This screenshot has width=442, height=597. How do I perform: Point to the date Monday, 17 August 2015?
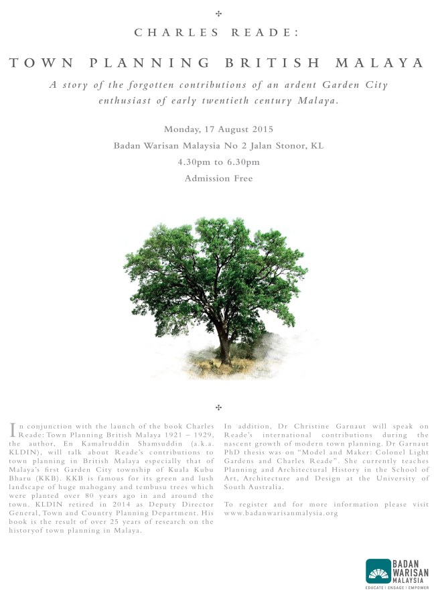[x=218, y=129]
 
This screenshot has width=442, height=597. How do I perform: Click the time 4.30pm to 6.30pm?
[x=218, y=162]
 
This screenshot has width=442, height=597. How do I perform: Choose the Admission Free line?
[x=218, y=178]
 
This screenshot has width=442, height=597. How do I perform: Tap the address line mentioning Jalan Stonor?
[x=218, y=145]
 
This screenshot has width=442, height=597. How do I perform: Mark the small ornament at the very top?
[x=219, y=13]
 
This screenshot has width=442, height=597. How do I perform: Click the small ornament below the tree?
[x=219, y=407]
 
